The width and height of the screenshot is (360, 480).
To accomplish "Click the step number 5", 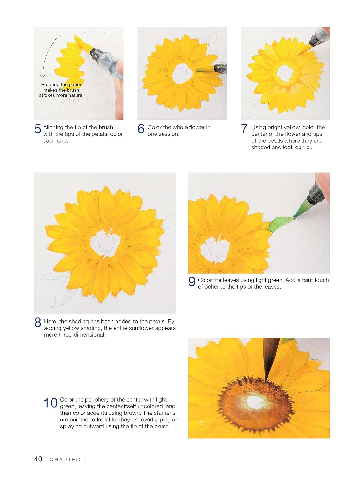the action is (37, 129).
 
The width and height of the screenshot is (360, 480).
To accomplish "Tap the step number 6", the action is (141, 129).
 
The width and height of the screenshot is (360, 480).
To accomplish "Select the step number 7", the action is (244, 129).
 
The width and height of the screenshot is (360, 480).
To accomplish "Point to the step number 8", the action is (37, 322).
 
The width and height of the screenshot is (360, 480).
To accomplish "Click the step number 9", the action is (192, 281).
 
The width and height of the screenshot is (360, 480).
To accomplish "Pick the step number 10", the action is (51, 403).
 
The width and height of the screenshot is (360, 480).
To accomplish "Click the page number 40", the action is (38, 459).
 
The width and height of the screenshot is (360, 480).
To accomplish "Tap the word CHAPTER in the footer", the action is (65, 460).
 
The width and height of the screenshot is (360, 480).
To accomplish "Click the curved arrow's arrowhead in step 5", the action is (43, 76).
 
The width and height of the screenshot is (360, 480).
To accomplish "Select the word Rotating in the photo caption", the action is (50, 85).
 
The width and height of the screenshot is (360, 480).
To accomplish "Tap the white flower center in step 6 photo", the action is (182, 74).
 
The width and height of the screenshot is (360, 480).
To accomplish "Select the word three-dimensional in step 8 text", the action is (75, 335).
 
